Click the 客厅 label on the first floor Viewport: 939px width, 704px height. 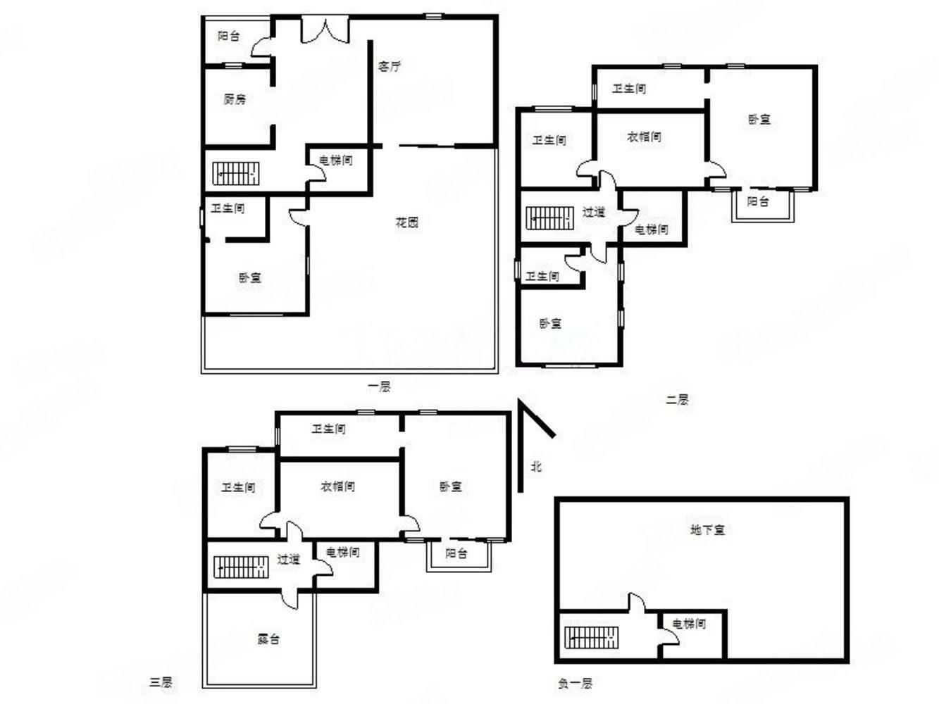tap(390, 67)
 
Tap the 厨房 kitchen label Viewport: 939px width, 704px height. tap(235, 99)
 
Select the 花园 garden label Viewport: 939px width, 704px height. tap(407, 222)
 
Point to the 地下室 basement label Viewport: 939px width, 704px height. tap(707, 530)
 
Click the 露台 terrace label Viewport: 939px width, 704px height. tap(268, 639)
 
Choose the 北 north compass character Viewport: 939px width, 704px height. tap(536, 466)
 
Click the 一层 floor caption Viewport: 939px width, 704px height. tap(379, 387)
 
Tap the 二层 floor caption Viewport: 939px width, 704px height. tap(677, 400)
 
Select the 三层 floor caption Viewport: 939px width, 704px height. tap(161, 683)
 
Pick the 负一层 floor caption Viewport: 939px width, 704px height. tap(576, 684)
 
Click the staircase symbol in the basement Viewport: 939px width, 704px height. tap(592, 638)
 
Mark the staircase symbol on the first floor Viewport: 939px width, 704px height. tap(236, 174)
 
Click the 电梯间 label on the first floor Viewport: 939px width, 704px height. tap(336, 161)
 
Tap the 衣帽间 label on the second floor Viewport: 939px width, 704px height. tap(645, 137)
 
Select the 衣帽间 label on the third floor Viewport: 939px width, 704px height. tap(338, 486)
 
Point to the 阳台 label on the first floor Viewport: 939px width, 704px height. tap(228, 36)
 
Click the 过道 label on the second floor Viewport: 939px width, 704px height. tap(594, 212)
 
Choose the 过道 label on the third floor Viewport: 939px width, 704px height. tap(288, 560)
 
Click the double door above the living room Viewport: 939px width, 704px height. tap(325, 30)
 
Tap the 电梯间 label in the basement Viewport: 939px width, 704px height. tap(689, 624)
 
